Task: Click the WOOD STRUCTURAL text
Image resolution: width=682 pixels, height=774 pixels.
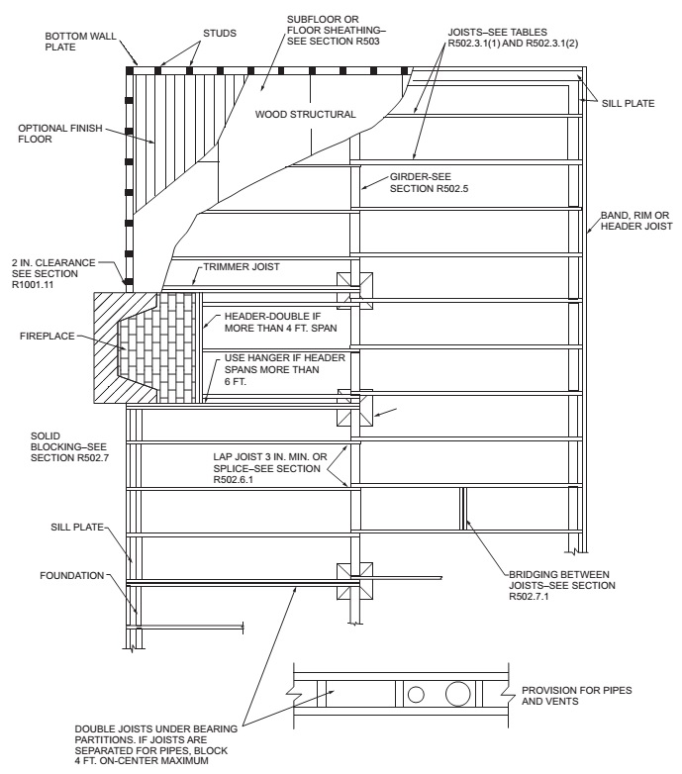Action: click(305, 115)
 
